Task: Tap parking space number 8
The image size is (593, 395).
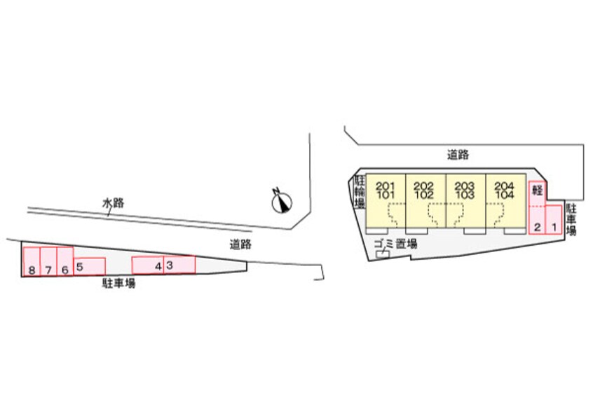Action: (x=32, y=262)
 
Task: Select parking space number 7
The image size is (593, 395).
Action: (x=48, y=262)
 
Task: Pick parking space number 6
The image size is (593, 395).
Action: (x=65, y=262)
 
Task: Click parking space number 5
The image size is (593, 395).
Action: (x=89, y=267)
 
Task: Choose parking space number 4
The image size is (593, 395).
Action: (x=149, y=265)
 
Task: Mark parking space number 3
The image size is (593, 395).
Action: (x=179, y=265)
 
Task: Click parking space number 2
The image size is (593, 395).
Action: (x=537, y=219)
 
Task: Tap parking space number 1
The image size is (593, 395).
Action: (x=554, y=219)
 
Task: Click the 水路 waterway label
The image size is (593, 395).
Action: (x=113, y=203)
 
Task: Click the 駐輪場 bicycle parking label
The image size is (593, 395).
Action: (x=359, y=193)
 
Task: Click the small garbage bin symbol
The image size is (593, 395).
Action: (x=383, y=256)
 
